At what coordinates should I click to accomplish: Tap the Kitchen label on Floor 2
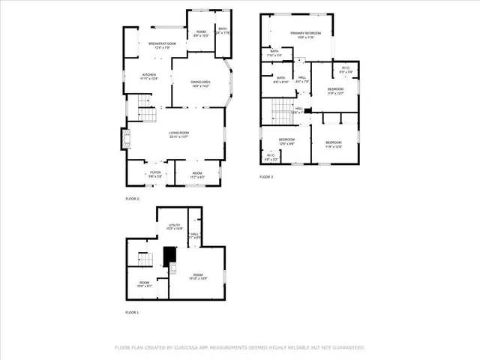tap(151, 76)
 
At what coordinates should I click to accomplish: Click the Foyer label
tap(155, 174)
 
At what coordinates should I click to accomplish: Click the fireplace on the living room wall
tap(125, 139)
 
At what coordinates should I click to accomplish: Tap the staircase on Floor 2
tap(148, 111)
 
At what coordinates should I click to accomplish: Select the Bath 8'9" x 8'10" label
tap(280, 79)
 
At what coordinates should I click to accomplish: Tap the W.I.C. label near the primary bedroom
tap(346, 70)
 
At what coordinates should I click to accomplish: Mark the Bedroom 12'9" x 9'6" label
tap(287, 141)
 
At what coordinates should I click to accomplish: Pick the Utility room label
tap(174, 226)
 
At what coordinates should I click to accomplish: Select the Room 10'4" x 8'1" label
tap(144, 284)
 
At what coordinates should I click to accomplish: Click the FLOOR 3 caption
tap(266, 177)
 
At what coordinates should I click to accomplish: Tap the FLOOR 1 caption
tap(132, 312)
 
